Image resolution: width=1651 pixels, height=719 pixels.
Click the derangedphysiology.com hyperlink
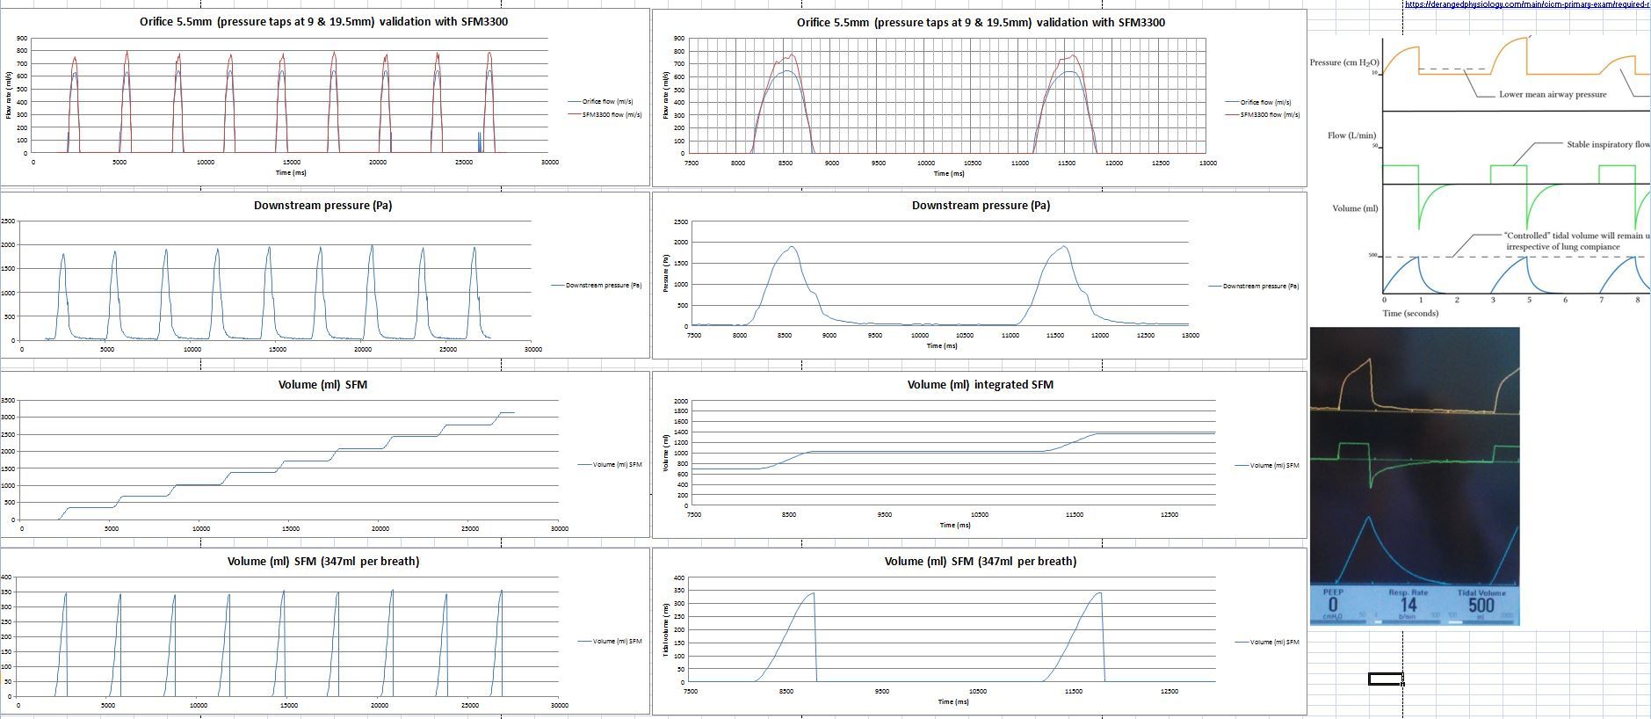tap(1527, 4)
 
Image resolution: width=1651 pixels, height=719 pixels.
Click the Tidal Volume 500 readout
tap(1481, 605)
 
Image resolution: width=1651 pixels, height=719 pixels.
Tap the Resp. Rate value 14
tap(1408, 605)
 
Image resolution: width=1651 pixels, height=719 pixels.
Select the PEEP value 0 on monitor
tap(1333, 605)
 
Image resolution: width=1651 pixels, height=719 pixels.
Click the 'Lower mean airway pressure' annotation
tap(1552, 94)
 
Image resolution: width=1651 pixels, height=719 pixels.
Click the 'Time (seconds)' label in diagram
tap(1410, 313)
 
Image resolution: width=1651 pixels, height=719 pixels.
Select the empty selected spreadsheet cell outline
tap(1385, 678)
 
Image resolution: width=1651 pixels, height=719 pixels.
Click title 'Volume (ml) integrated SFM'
tap(980, 384)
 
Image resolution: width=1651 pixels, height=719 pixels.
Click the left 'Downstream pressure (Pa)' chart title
tap(322, 205)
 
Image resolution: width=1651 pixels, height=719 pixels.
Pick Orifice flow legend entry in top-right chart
tap(1264, 102)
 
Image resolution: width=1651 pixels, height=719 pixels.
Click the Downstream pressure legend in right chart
tap(1260, 286)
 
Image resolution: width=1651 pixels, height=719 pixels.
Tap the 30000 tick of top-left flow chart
tap(549, 162)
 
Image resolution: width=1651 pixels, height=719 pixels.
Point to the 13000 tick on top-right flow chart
tap(1207, 163)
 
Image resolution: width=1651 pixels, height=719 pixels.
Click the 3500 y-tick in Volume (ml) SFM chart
tap(8, 400)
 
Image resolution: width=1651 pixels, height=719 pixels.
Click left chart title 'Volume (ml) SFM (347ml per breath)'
tap(322, 561)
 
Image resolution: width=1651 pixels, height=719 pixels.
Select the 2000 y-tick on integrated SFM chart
tap(680, 401)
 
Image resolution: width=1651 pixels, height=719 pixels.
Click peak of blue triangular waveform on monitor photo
tap(1369, 517)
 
